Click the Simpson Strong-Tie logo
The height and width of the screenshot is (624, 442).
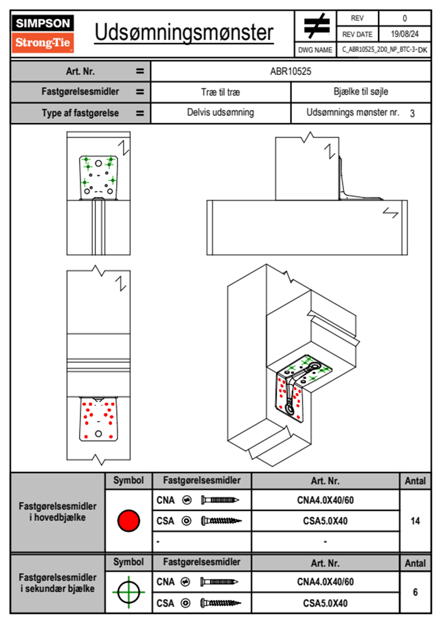click(x=42, y=34)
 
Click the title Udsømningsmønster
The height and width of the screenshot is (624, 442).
click(x=184, y=33)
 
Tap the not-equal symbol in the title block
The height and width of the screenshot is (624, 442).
click(x=316, y=26)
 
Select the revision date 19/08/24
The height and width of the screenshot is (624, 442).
click(x=404, y=34)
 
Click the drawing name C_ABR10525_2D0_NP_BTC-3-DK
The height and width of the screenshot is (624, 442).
click(x=384, y=50)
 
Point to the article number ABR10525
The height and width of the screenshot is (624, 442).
click(x=290, y=72)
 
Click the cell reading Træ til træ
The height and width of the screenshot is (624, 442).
click(x=221, y=92)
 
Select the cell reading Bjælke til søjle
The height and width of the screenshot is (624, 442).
click(x=361, y=92)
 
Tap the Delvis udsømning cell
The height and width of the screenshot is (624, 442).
click(x=221, y=112)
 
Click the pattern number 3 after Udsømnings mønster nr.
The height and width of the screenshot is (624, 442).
click(x=412, y=114)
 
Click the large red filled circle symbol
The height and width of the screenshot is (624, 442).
click(x=129, y=520)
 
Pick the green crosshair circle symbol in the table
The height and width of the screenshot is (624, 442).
click(x=129, y=592)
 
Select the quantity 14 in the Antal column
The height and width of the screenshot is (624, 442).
click(x=415, y=521)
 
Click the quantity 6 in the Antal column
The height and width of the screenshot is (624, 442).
click(x=415, y=592)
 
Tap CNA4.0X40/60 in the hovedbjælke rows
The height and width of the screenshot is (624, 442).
click(x=325, y=500)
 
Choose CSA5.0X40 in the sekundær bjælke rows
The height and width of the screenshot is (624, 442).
click(x=325, y=603)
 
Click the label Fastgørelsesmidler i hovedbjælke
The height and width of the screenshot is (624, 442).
click(x=58, y=512)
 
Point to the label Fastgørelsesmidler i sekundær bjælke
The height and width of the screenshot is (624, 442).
click(x=58, y=583)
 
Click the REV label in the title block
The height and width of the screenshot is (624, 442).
click(x=357, y=18)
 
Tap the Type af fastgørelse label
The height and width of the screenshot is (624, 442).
click(x=80, y=113)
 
